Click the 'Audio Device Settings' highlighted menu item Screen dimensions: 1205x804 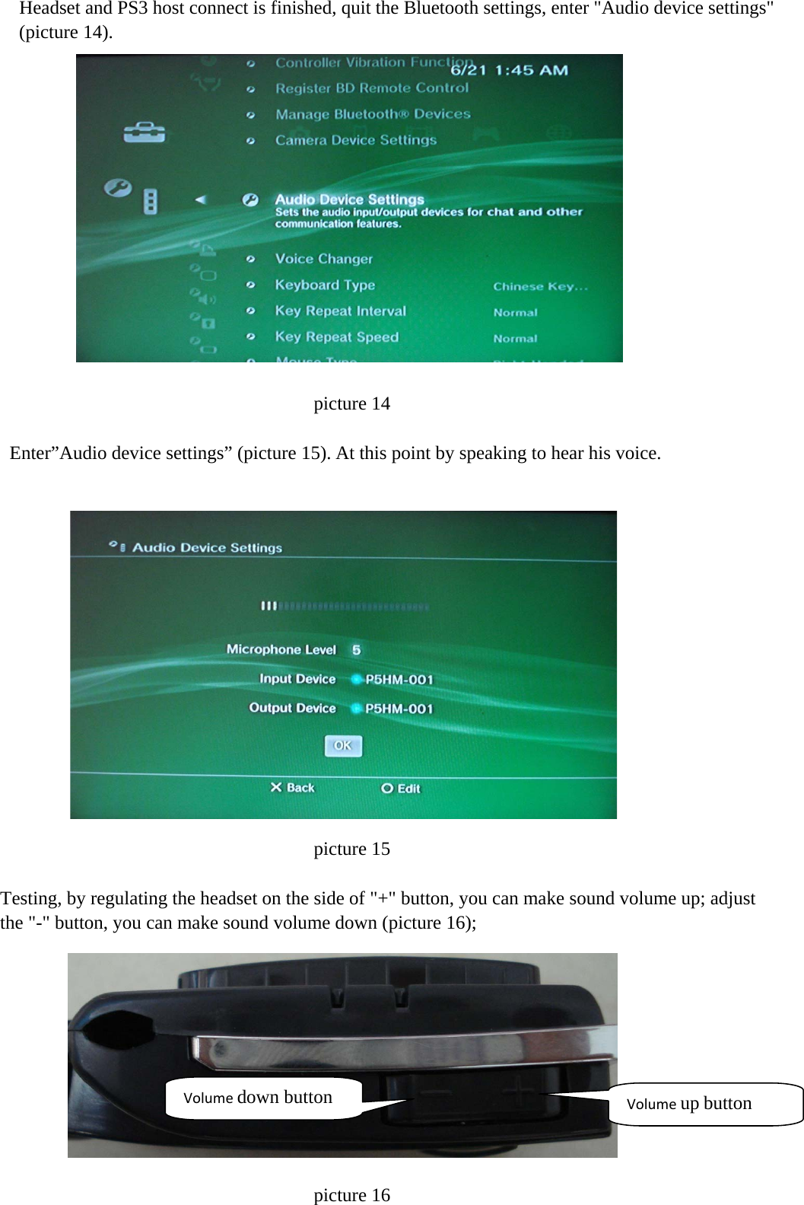(x=349, y=199)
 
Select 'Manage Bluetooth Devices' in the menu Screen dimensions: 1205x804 (x=373, y=114)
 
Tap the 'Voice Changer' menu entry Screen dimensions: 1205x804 (x=324, y=259)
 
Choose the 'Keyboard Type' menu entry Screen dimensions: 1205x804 (x=325, y=285)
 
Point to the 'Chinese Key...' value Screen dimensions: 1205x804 (x=540, y=286)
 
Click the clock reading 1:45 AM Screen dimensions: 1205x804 (x=531, y=70)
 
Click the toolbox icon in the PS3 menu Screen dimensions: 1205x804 (x=144, y=132)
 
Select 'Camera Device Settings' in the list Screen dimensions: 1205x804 (x=356, y=140)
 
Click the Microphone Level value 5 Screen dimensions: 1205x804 (x=356, y=650)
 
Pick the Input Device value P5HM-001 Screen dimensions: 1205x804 (x=399, y=679)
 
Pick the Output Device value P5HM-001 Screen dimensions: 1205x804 (x=399, y=709)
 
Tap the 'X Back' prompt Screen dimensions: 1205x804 (x=292, y=788)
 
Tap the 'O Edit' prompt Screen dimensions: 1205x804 (x=401, y=789)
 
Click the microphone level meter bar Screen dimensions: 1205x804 (x=345, y=607)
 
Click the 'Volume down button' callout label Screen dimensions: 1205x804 (x=259, y=1098)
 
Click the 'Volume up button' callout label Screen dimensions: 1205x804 (x=689, y=1104)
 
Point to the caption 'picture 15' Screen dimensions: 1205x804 (x=351, y=849)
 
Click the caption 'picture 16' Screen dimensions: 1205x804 (x=351, y=1195)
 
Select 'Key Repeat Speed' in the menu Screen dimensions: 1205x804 (x=336, y=337)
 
